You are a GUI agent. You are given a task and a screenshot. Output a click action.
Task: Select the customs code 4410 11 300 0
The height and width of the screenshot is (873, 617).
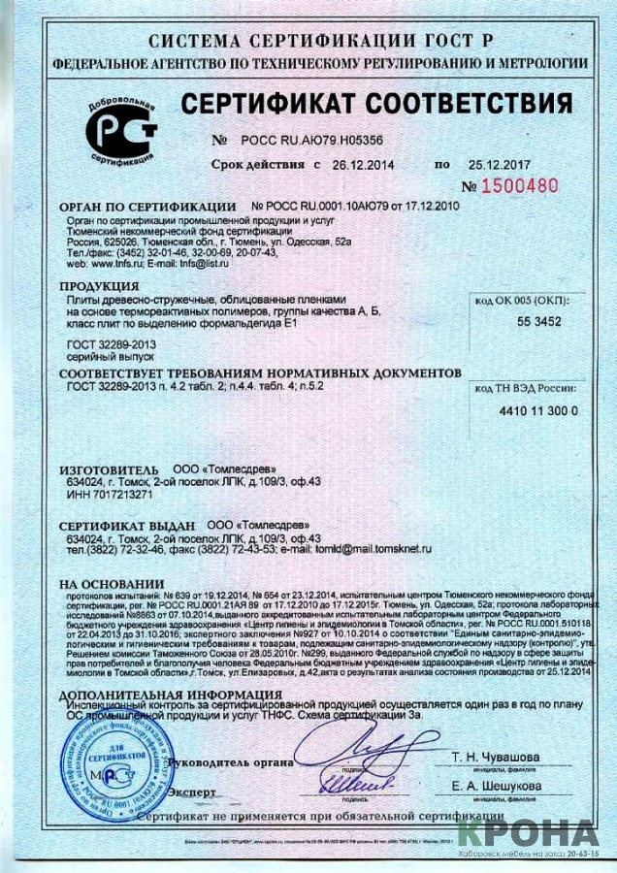tap(536, 410)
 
